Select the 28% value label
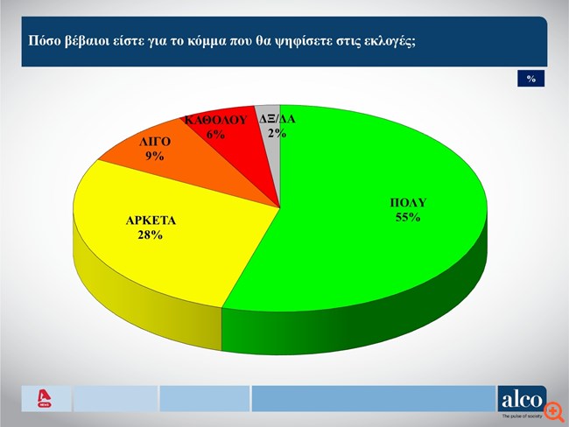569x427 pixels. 151,236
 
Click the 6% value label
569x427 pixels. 215,135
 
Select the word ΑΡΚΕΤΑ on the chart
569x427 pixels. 151,221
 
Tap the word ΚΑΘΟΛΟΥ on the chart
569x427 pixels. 215,121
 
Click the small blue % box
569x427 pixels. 530,79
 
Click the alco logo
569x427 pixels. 522,400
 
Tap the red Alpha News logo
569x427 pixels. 43,399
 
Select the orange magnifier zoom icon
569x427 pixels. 554,410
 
